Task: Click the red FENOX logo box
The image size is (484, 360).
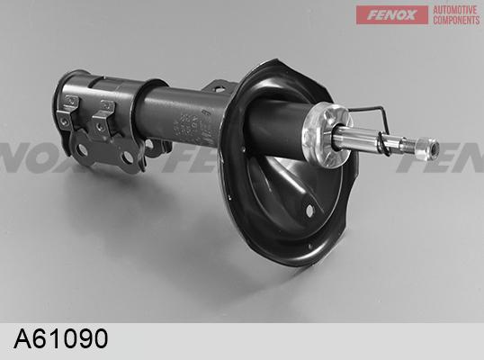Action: click(x=391, y=14)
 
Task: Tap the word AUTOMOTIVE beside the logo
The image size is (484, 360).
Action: click(x=455, y=10)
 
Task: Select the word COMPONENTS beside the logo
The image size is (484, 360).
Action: click(x=456, y=20)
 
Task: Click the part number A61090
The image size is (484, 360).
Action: click(x=61, y=338)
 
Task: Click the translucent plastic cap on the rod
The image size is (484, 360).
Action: click(x=326, y=134)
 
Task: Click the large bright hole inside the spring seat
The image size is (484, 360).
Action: click(x=309, y=211)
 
